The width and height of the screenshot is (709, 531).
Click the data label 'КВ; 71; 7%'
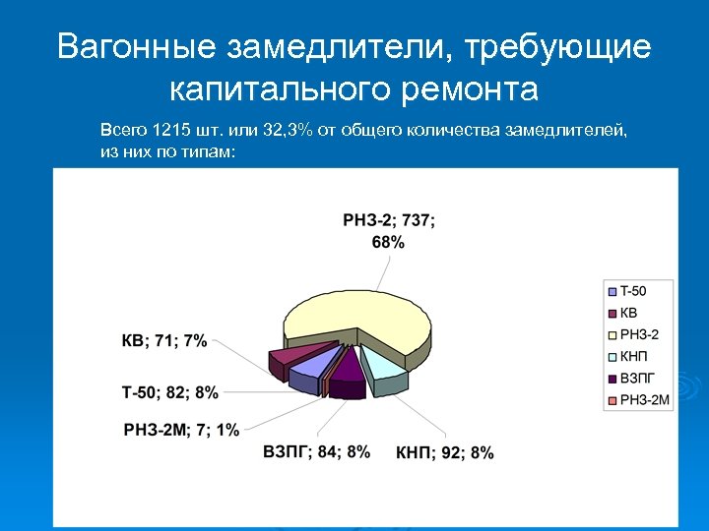coord(163,341)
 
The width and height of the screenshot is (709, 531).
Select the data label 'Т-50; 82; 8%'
coord(169,392)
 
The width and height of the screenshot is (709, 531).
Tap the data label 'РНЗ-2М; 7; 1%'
coord(181,429)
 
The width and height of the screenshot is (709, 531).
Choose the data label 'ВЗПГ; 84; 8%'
coord(316,451)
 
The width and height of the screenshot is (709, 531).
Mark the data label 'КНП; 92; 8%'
coord(444,452)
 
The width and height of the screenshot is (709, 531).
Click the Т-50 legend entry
coord(633,291)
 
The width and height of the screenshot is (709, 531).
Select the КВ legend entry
coord(629,313)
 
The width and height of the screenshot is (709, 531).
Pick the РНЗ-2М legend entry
coord(642,398)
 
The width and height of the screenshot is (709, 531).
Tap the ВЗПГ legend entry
coord(636,377)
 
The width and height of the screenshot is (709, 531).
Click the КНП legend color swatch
coord(612,356)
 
